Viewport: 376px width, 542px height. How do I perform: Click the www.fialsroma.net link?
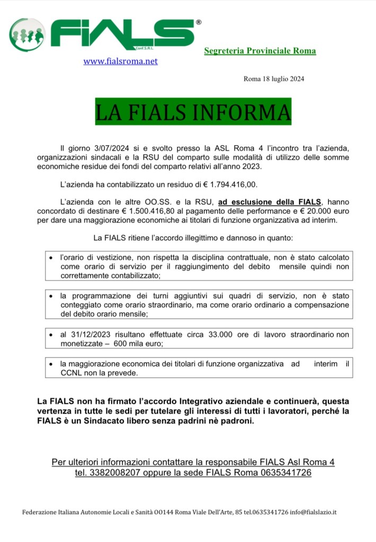point(121,61)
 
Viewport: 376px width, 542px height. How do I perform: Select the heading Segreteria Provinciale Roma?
point(260,51)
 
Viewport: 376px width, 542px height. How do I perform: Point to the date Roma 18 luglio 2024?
point(274,79)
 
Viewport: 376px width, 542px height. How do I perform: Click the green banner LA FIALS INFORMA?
point(193,111)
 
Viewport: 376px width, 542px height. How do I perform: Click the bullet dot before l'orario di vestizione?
point(50,258)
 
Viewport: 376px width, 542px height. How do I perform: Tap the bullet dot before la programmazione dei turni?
point(50,296)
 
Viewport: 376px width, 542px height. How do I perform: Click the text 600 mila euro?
point(142,344)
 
